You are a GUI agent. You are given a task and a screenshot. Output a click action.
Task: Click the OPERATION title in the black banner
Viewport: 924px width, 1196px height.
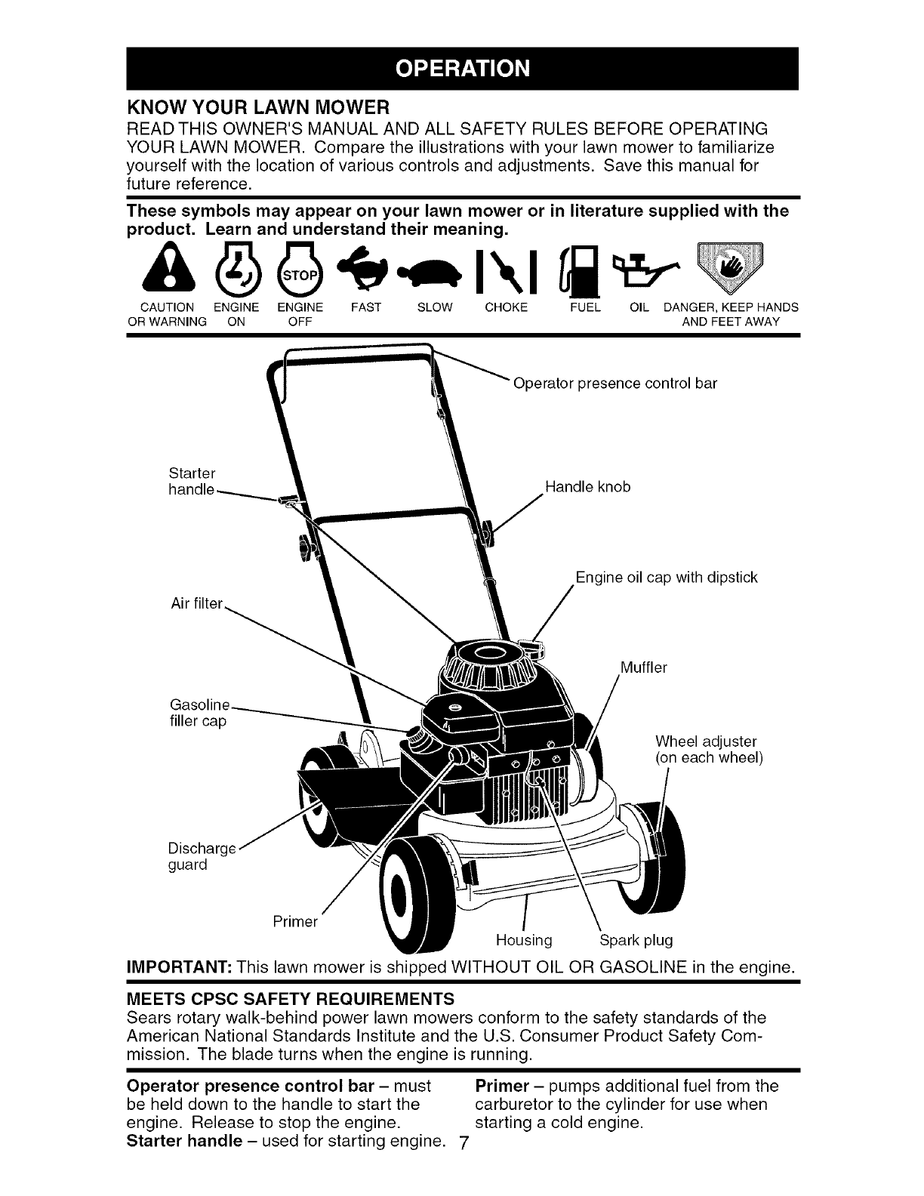click(463, 67)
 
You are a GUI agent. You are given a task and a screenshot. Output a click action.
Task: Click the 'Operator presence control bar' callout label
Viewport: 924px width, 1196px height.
click(614, 383)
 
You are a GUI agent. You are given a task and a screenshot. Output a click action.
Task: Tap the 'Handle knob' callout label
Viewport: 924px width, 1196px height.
click(587, 487)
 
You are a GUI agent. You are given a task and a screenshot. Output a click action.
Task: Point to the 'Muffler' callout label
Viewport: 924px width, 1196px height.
click(643, 667)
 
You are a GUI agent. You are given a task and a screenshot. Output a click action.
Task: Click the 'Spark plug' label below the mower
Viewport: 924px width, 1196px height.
click(636, 940)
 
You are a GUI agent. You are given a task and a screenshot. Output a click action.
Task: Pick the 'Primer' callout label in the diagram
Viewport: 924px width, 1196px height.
click(294, 921)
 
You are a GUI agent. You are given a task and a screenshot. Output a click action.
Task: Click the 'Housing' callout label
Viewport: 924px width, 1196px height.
click(524, 940)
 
